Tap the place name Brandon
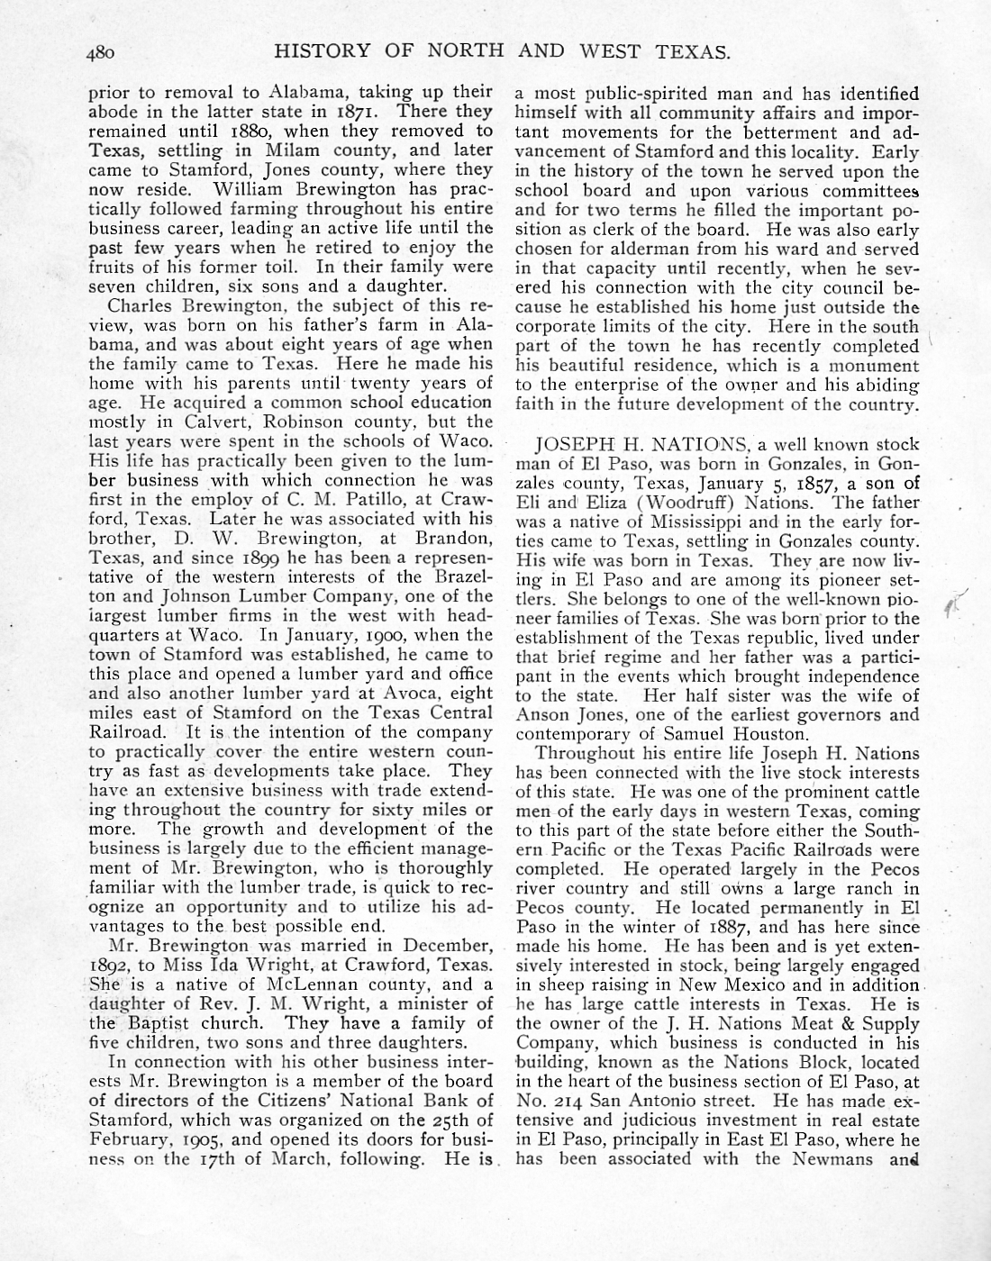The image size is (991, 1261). pos(457,539)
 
